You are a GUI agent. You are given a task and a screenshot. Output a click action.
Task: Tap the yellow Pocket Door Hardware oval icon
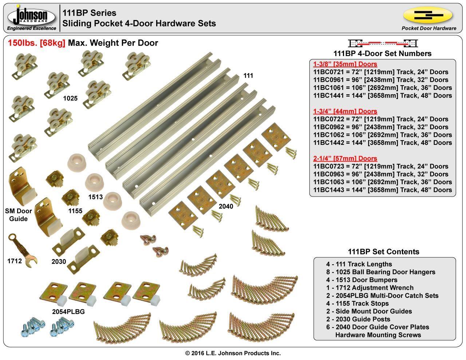click(428, 15)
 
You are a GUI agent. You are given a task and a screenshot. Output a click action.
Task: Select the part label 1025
click(70, 98)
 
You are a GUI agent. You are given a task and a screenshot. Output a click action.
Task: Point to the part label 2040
click(226, 206)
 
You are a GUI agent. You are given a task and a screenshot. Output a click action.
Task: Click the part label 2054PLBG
click(68, 312)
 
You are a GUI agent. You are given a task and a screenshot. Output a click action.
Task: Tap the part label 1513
click(95, 197)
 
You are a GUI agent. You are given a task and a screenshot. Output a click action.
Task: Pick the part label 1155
click(75, 211)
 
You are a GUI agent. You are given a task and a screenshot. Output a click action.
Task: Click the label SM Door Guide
click(19, 215)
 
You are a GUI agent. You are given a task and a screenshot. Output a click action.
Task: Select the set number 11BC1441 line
click(383, 95)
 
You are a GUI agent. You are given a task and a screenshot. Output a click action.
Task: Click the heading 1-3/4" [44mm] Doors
click(345, 111)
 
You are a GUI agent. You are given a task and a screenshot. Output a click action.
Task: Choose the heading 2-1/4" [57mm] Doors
click(345, 158)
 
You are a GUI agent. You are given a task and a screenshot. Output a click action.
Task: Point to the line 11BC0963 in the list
click(383, 174)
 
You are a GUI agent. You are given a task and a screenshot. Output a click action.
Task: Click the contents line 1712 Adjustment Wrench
click(370, 288)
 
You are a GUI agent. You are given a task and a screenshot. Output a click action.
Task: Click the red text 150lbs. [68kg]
click(36, 43)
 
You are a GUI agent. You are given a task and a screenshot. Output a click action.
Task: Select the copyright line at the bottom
click(233, 353)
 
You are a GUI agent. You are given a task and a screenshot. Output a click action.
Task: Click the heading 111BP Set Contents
click(384, 252)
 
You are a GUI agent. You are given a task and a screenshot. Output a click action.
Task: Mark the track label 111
click(248, 76)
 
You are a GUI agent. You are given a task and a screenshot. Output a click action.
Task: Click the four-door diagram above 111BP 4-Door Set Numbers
click(382, 43)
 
